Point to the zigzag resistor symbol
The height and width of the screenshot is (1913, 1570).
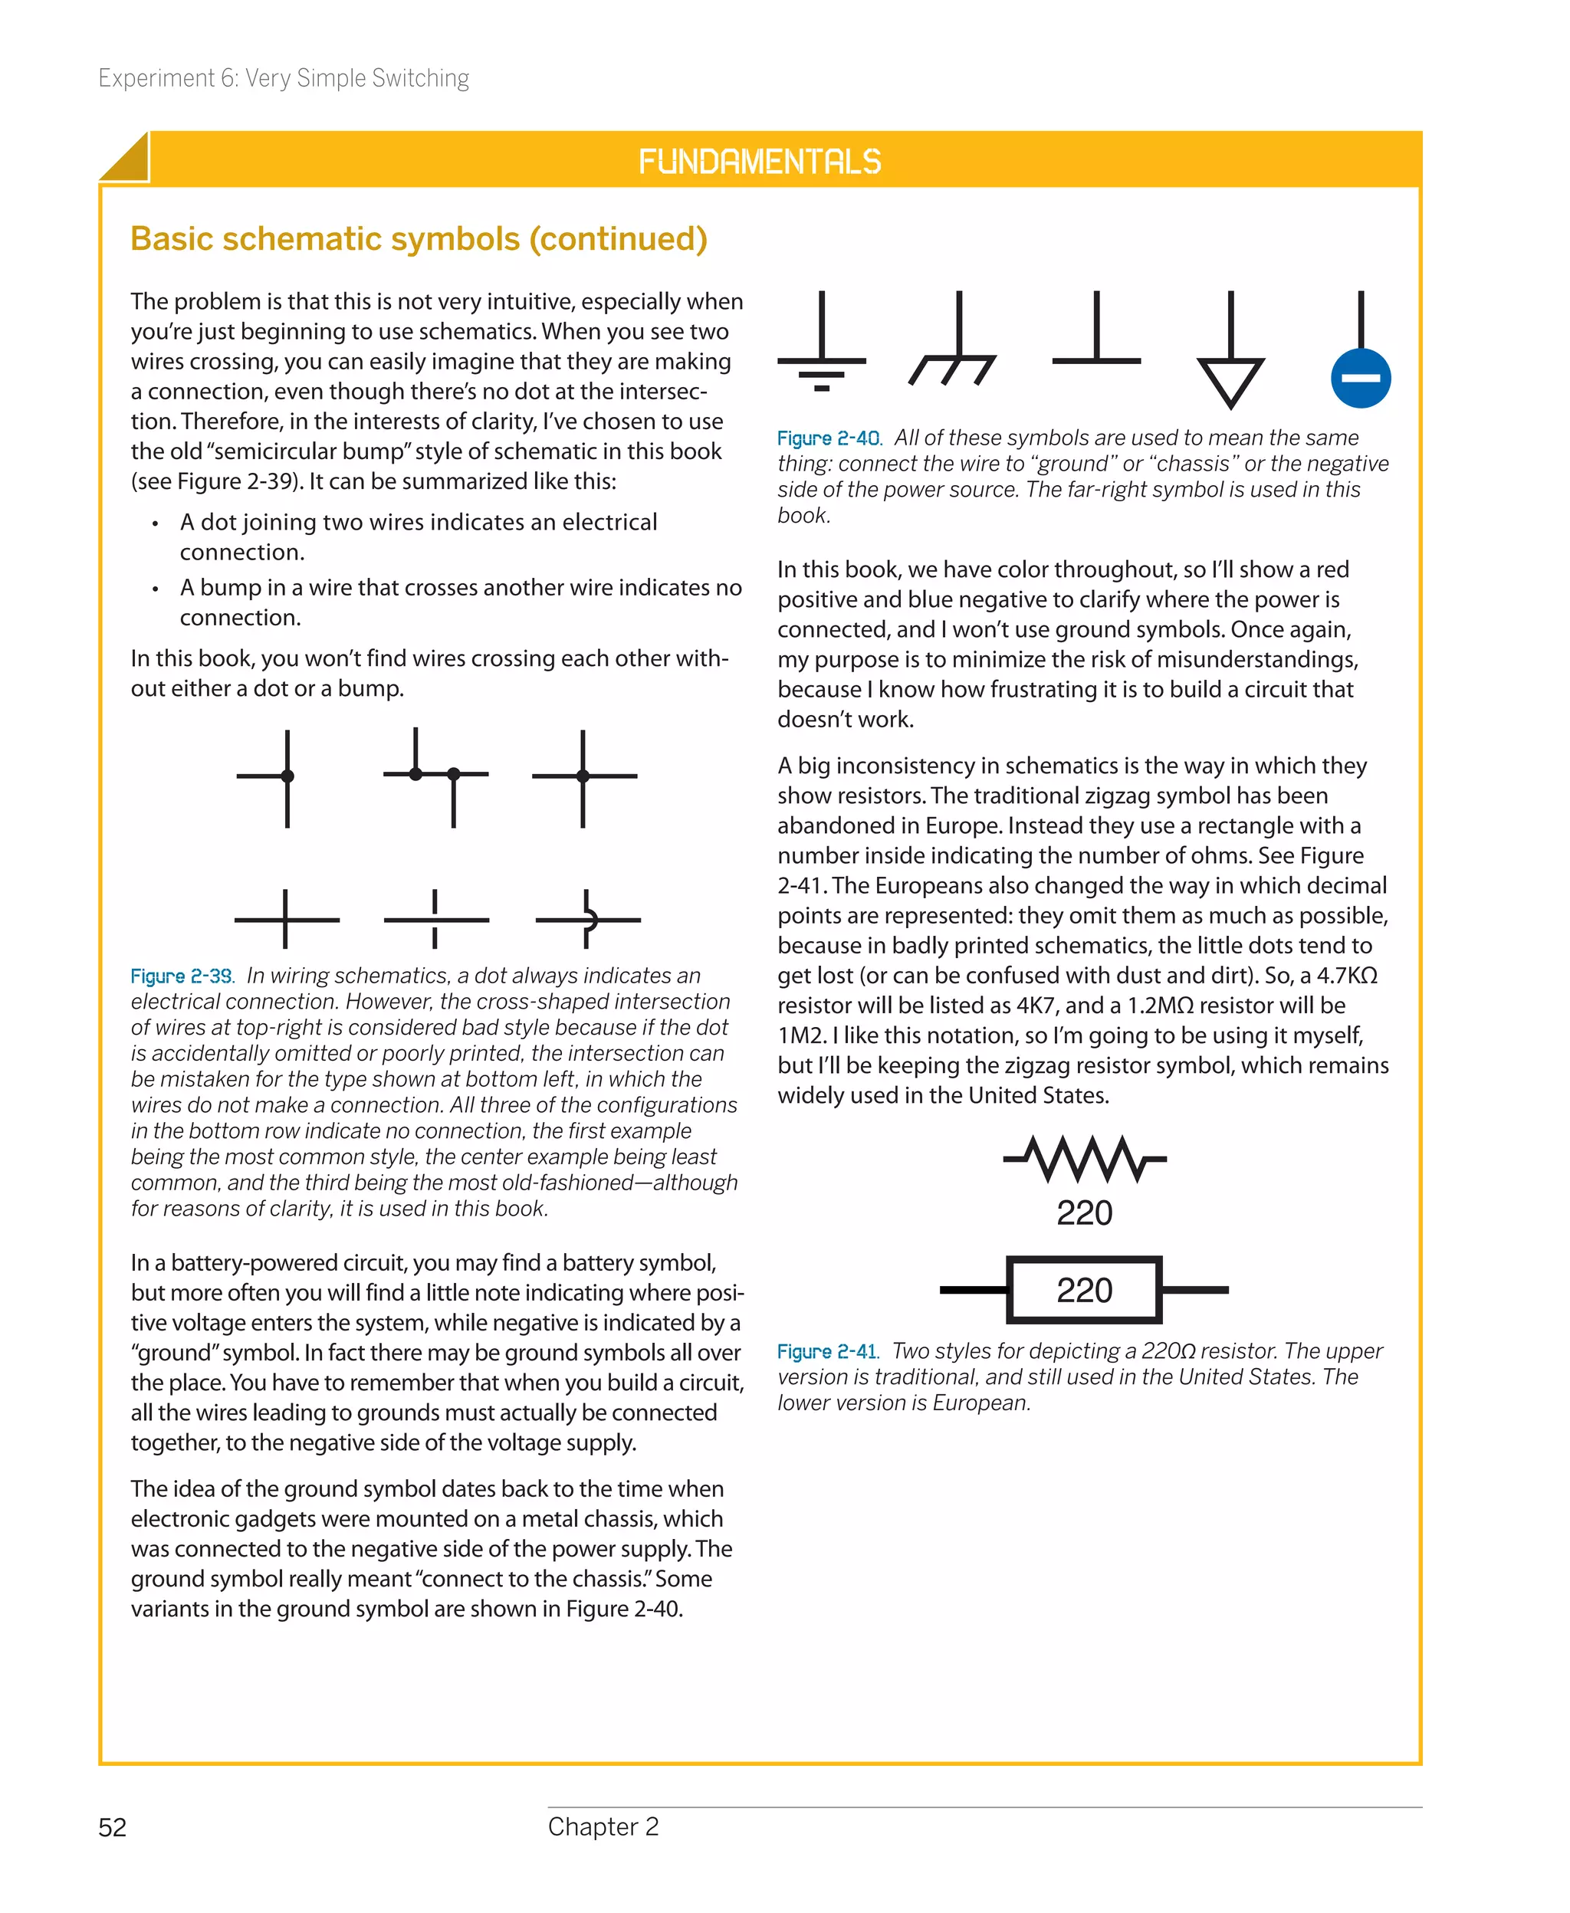tap(1084, 1159)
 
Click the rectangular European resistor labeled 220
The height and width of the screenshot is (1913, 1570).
tap(1083, 1290)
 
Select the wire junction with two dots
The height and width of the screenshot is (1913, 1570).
tap(435, 775)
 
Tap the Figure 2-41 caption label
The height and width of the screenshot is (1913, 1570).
tap(827, 1351)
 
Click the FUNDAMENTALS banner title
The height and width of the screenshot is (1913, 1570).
tap(760, 162)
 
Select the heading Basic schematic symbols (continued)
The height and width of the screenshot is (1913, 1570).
tap(419, 238)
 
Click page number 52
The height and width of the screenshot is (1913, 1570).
tap(112, 1828)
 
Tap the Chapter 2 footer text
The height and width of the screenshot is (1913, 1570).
tap(603, 1827)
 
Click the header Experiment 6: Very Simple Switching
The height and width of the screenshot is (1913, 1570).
tap(283, 79)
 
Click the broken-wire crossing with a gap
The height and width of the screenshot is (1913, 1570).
tap(436, 920)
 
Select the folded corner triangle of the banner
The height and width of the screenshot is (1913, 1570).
tap(126, 160)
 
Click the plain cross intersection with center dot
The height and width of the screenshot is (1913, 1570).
tap(583, 776)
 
